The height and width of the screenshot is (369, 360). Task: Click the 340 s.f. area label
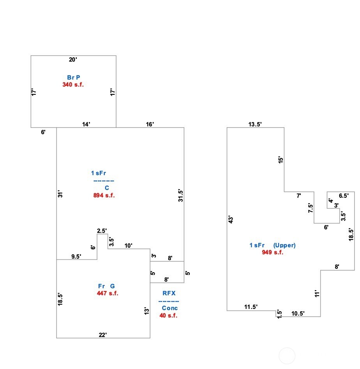73,84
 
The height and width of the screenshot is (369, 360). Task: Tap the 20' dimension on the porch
73,60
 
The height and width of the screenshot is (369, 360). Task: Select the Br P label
73,78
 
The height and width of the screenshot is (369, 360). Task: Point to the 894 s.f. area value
104,195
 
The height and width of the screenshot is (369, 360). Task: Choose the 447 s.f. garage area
108,293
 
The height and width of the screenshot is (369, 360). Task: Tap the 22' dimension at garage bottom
103,334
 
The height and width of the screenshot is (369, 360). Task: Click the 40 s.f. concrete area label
168,315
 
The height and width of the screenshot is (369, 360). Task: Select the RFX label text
169,293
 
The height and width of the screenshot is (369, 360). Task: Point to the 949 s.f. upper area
272,252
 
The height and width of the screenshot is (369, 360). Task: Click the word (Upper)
284,245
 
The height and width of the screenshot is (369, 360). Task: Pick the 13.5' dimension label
255,124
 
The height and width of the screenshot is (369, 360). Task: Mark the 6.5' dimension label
344,196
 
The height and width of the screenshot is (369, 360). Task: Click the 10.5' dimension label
298,313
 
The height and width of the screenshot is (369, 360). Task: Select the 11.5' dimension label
251,307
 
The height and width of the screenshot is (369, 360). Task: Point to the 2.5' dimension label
102,231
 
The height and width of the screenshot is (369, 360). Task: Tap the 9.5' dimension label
76,256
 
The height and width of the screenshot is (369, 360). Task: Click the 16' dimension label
150,124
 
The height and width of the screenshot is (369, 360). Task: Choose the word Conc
170,308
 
